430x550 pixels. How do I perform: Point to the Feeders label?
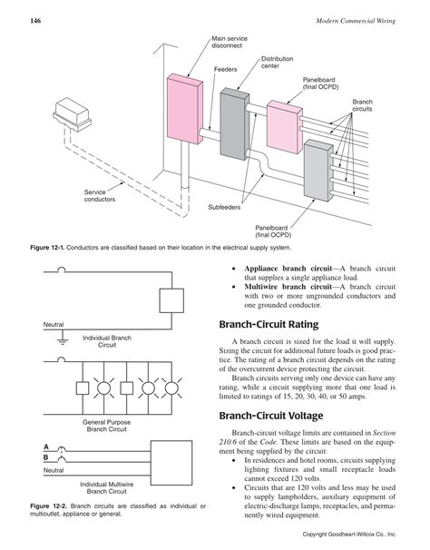coord(225,69)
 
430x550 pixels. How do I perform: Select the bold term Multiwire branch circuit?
coord(289,286)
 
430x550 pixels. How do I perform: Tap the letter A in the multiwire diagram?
coord(46,447)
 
